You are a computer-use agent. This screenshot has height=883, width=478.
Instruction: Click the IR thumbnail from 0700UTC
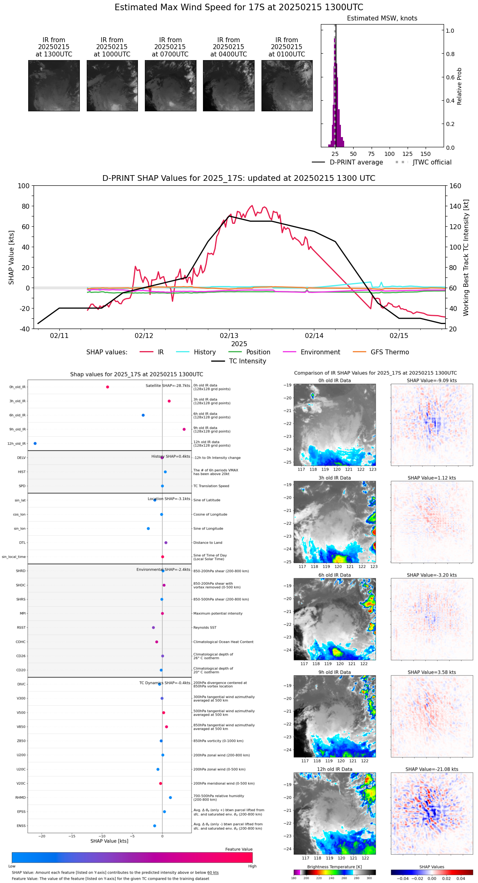[x=170, y=86]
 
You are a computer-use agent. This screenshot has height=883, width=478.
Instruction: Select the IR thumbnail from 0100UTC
[x=287, y=86]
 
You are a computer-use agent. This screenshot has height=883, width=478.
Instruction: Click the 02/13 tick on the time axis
[x=229, y=336]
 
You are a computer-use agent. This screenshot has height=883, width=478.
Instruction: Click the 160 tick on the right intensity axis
[x=455, y=186]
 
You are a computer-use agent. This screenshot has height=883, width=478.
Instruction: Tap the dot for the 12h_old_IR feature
[x=35, y=444]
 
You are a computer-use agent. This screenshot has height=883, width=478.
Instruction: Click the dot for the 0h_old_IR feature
[x=108, y=387]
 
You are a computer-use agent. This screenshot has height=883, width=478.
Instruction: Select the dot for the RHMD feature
[x=170, y=797]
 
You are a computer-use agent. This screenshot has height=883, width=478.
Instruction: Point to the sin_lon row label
[x=20, y=529]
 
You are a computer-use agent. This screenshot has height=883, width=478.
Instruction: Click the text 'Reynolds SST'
[x=205, y=628]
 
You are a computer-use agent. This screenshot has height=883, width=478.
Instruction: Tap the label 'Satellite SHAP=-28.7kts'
[x=168, y=386]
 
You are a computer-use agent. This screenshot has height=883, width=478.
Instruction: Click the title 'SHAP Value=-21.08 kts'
[x=432, y=769]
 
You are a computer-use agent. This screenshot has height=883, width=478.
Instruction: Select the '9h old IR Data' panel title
[x=334, y=672]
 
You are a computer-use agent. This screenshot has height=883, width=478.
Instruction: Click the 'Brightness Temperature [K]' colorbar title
[x=334, y=867]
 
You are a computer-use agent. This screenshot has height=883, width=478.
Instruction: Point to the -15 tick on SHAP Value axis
[x=72, y=836]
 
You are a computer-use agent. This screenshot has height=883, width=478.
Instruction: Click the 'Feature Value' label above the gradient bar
[x=239, y=849]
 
